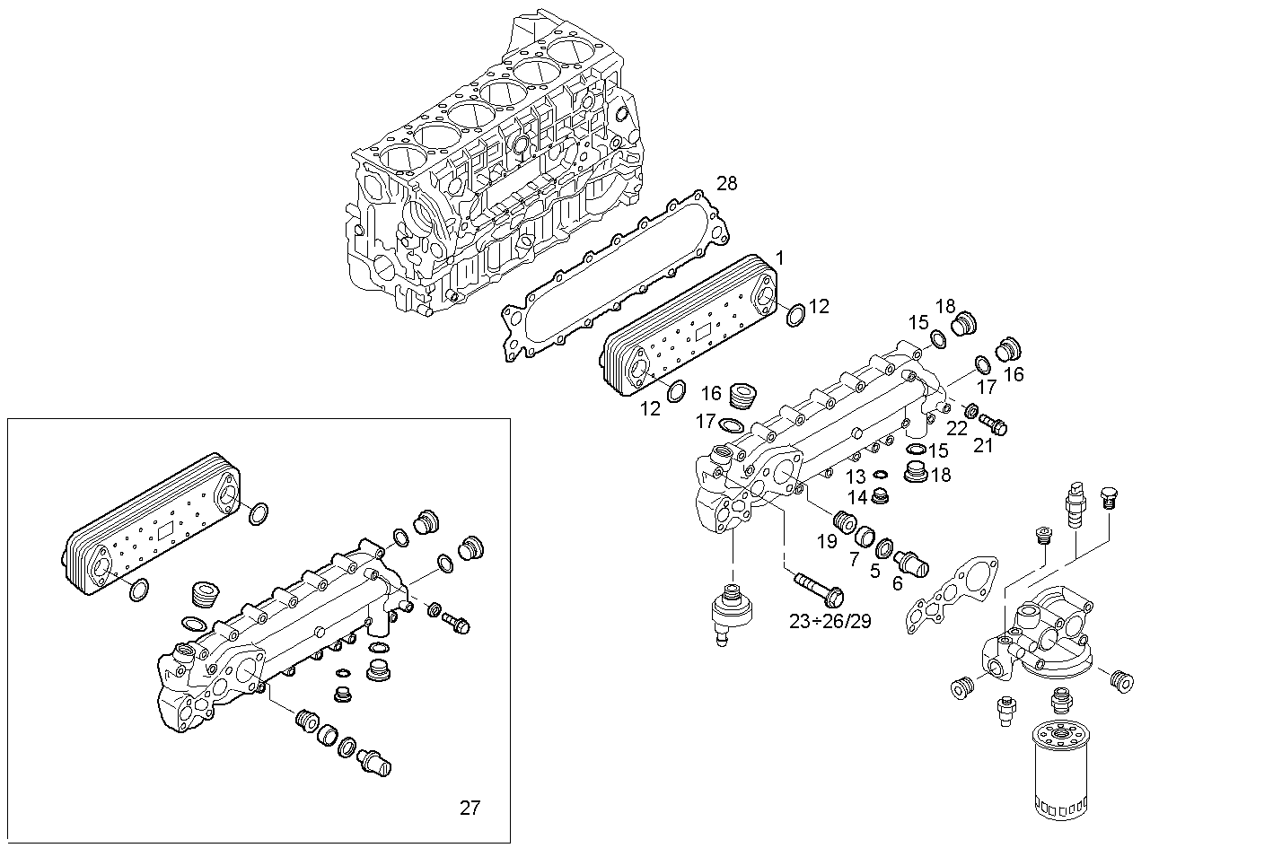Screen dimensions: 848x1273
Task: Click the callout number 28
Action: click(726, 184)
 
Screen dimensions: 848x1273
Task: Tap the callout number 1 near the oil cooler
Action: click(779, 258)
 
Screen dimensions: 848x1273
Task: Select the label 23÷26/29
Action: click(830, 621)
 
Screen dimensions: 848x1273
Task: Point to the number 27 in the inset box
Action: click(470, 808)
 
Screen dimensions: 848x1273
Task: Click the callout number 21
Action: click(984, 444)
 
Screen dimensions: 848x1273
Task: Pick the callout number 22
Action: click(957, 429)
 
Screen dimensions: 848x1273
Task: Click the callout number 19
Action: click(826, 541)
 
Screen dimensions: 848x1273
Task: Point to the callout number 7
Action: click(853, 559)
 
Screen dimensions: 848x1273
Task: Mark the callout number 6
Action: click(896, 583)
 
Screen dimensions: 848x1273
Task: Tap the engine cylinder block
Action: click(494, 170)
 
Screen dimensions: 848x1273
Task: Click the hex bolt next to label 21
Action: click(992, 423)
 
